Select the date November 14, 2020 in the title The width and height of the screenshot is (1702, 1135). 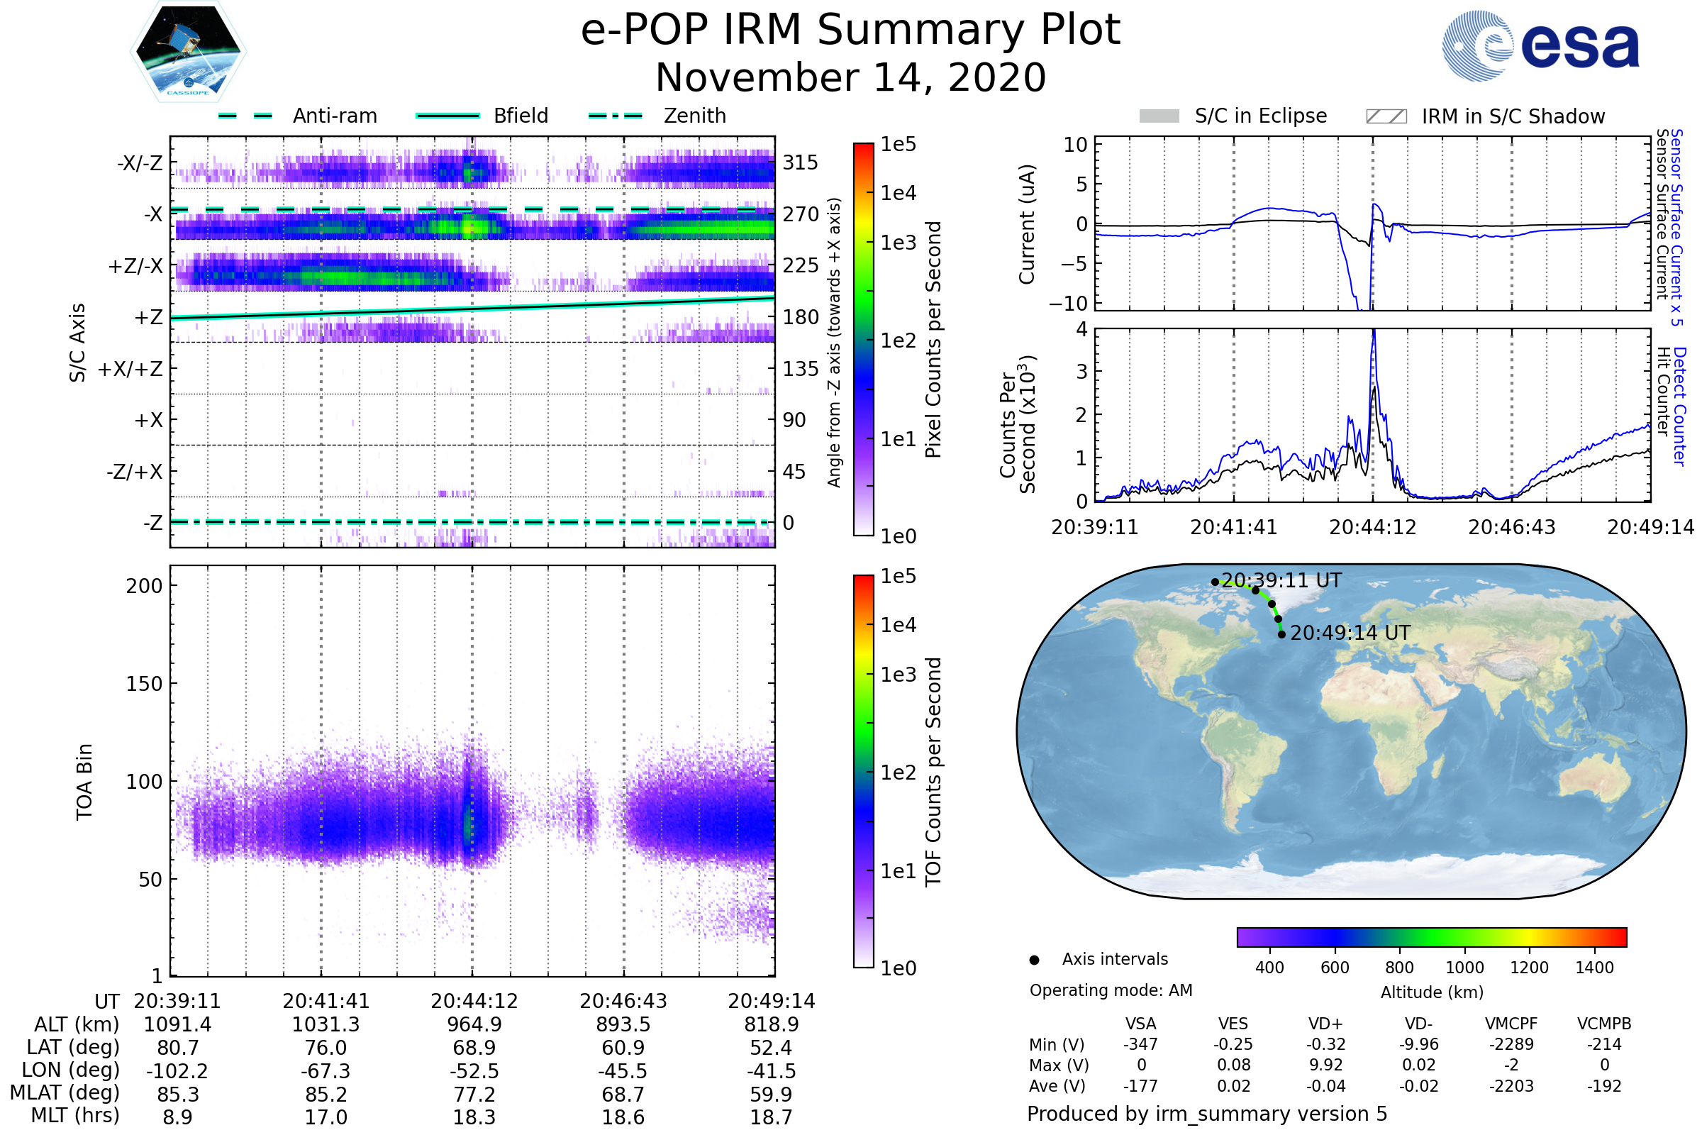pos(850,78)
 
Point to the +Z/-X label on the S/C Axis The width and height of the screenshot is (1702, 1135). pos(135,267)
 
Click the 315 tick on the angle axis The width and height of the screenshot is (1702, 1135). pos(801,163)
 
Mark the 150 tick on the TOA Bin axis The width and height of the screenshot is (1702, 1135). pos(144,684)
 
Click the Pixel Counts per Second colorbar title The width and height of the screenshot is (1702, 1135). pos(933,340)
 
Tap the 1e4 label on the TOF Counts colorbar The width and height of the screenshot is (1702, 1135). pos(898,626)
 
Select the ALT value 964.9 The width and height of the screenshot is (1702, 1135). pos(474,1025)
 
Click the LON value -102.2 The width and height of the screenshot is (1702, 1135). pos(177,1071)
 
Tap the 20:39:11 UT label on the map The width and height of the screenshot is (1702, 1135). pos(1281,580)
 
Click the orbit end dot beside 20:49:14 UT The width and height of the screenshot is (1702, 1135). pos(1281,635)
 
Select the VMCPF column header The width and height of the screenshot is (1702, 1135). pos(1511,1024)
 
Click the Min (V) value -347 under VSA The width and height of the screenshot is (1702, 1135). pos(1140,1044)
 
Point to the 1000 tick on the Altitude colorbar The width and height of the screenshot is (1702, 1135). pos(1464,968)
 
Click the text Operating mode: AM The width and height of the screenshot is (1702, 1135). pos(1111,990)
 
